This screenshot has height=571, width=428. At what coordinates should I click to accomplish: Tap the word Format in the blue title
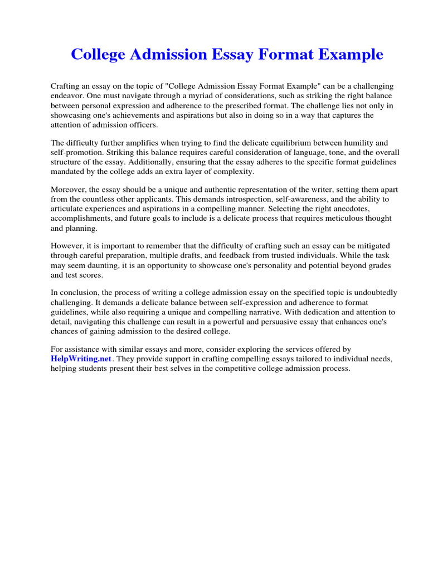click(282, 55)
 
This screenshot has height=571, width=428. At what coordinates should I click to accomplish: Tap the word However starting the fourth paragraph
click(67, 246)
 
